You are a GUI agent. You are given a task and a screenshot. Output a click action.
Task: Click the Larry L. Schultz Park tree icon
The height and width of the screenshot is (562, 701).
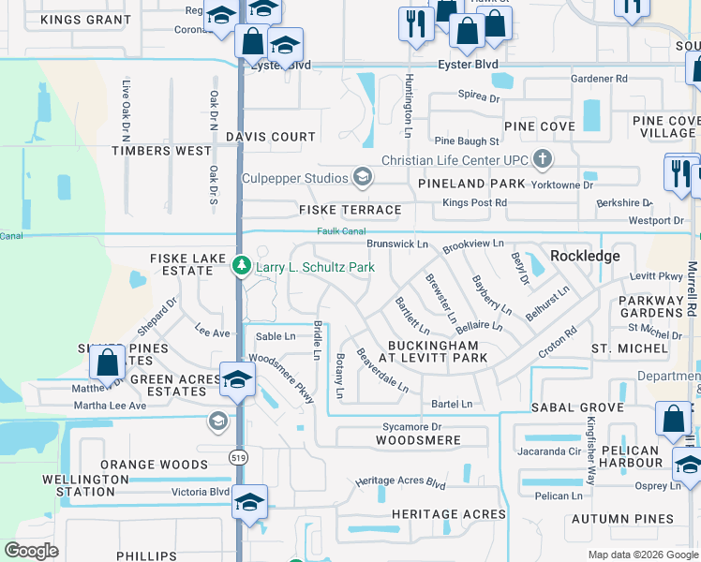coord(241,267)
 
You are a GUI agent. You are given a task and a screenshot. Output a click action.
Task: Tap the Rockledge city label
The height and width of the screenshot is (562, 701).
coord(585,256)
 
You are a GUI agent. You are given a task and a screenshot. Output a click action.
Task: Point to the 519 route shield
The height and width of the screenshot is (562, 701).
coord(239,456)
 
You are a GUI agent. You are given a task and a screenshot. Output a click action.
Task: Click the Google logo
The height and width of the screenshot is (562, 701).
coord(31,551)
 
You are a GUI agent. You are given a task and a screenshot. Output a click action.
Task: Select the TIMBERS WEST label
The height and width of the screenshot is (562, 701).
coord(161,151)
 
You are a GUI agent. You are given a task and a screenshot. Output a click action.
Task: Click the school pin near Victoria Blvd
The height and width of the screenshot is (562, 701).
coord(250,501)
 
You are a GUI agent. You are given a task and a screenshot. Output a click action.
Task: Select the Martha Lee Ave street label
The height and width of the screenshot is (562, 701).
coord(111,406)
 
